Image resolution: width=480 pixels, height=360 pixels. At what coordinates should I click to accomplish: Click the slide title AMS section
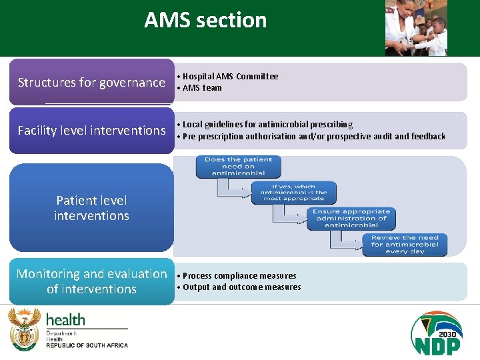click(x=205, y=21)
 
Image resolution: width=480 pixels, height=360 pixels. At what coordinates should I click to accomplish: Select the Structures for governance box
click(x=91, y=83)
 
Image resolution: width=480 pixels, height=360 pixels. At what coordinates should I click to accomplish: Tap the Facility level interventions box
click(x=91, y=131)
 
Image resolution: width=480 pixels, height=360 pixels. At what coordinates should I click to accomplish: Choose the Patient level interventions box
click(x=91, y=208)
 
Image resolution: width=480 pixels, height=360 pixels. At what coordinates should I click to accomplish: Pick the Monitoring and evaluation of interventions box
click(x=91, y=281)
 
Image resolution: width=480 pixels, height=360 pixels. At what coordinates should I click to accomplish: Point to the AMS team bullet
click(x=202, y=88)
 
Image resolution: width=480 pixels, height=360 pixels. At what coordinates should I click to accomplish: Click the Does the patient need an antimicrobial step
click(x=238, y=167)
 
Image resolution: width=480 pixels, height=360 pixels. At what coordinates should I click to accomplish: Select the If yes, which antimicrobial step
click(x=294, y=193)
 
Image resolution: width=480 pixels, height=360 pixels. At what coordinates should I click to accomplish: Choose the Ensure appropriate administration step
click(x=351, y=219)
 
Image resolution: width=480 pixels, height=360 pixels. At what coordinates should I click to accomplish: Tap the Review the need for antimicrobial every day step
click(x=405, y=245)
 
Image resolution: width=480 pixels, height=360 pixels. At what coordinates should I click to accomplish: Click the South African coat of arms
click(x=24, y=329)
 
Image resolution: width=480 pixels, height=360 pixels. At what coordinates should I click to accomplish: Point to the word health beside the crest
click(x=65, y=320)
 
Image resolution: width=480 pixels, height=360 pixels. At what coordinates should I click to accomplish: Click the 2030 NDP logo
click(x=436, y=333)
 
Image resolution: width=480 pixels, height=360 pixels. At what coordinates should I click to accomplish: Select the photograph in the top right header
click(x=416, y=27)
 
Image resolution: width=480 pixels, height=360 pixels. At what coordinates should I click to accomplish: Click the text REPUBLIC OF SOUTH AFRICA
click(x=87, y=345)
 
